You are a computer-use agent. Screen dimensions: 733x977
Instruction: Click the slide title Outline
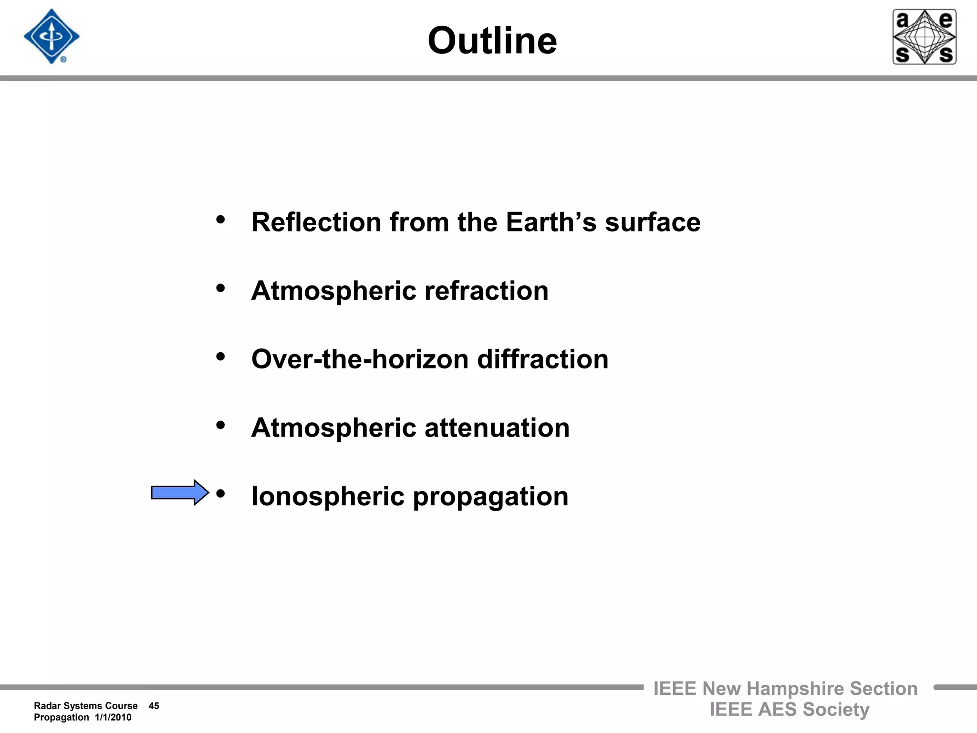(x=492, y=41)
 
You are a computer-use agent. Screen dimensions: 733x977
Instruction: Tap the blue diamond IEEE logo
(x=52, y=36)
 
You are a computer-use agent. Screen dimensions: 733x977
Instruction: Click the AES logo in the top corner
(x=924, y=37)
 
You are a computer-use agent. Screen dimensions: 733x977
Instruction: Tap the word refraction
(x=486, y=291)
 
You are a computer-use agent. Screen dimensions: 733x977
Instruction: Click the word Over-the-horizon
(x=360, y=359)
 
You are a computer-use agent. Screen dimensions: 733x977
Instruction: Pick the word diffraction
(x=543, y=359)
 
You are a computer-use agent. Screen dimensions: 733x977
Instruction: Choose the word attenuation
(x=497, y=428)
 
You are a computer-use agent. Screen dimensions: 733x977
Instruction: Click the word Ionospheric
(x=328, y=497)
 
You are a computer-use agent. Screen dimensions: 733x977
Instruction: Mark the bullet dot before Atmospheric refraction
(x=220, y=288)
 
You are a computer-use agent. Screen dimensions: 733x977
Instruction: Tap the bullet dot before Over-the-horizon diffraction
(x=220, y=356)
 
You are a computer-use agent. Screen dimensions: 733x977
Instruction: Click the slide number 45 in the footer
(x=154, y=706)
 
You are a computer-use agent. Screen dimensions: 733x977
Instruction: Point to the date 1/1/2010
(x=113, y=717)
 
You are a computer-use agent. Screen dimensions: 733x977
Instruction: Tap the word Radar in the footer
(x=47, y=706)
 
